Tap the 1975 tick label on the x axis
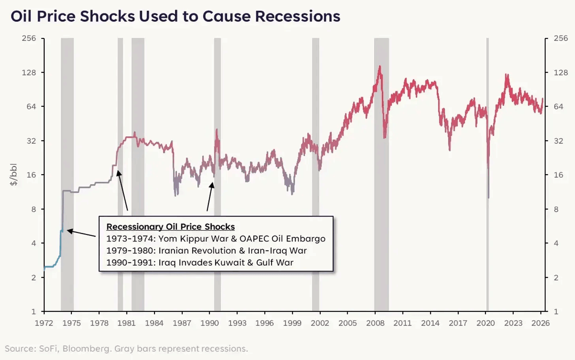pyautogui.click(x=71, y=323)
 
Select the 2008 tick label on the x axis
pyautogui.click(x=375, y=323)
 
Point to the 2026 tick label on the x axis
pyautogui.click(x=540, y=323)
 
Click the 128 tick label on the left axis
pyautogui.click(x=29, y=72)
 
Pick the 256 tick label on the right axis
pyautogui.click(x=561, y=38)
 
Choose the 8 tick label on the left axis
pyautogui.click(x=34, y=209)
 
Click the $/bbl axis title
pyautogui.click(x=14, y=174)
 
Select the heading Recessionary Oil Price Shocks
pyautogui.click(x=171, y=227)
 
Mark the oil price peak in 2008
pyautogui.click(x=380, y=66)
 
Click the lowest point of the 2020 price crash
pyautogui.click(x=489, y=198)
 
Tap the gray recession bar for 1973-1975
pyautogui.click(x=67, y=119)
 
